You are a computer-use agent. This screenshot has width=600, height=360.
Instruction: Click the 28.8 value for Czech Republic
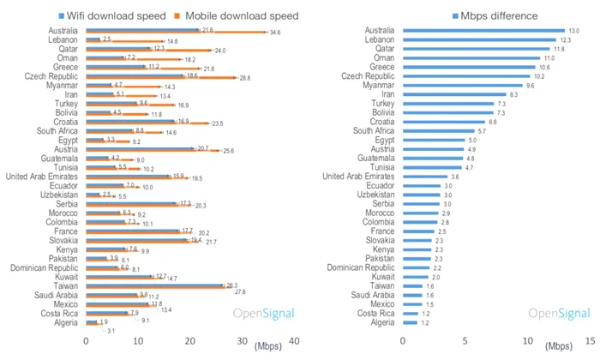(x=245, y=78)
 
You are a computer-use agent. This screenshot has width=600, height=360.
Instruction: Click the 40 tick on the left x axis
(x=294, y=340)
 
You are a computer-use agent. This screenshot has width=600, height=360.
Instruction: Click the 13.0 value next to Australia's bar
(x=573, y=31)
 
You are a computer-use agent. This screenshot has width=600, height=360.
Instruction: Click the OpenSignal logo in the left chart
(x=263, y=315)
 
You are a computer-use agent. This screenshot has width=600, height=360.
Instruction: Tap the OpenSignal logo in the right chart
(x=561, y=315)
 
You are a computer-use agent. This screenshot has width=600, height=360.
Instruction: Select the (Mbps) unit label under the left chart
(x=266, y=346)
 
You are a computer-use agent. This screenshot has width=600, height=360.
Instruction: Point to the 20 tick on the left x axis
(x=189, y=340)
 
